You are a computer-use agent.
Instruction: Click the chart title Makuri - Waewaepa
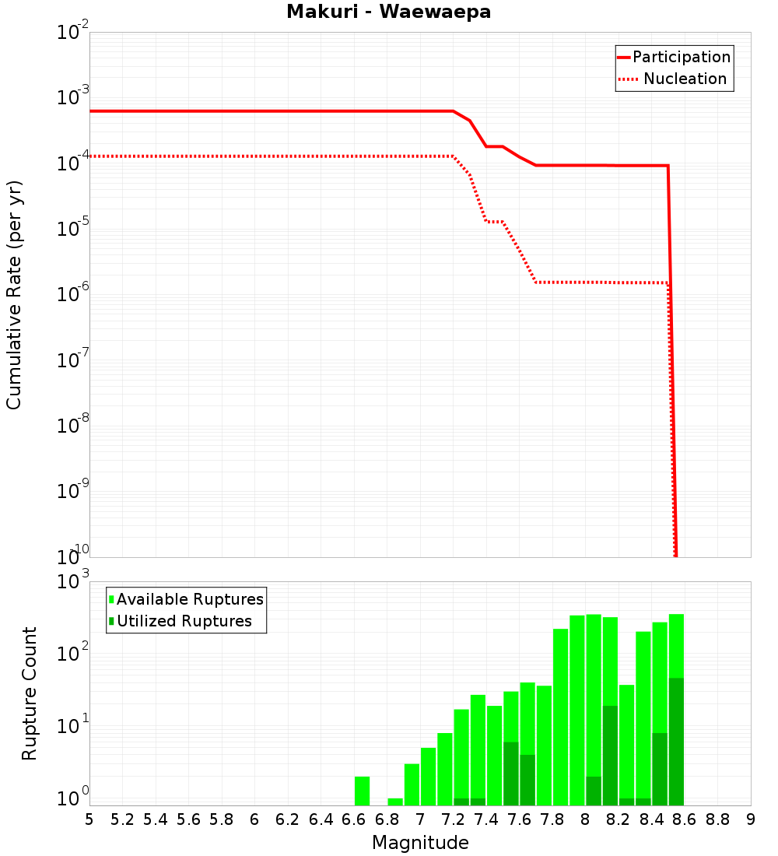pyautogui.click(x=388, y=12)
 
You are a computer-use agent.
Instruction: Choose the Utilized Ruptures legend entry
pyautogui.click(x=184, y=621)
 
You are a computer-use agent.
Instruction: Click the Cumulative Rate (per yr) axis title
pyautogui.click(x=14, y=295)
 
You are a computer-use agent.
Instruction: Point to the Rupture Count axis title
pyautogui.click(x=30, y=693)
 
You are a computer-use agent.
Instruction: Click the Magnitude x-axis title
pyautogui.click(x=420, y=843)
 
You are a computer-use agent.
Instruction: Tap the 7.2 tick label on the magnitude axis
pyautogui.click(x=453, y=819)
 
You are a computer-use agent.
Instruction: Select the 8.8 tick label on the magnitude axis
pyautogui.click(x=717, y=819)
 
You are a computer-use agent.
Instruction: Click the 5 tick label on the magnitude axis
pyautogui.click(x=89, y=819)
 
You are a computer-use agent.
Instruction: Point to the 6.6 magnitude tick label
pyautogui.click(x=354, y=819)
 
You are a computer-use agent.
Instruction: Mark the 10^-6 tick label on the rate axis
pyautogui.click(x=74, y=294)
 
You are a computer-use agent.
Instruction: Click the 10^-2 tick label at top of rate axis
pyautogui.click(x=74, y=33)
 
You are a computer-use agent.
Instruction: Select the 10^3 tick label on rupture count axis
pyautogui.click(x=74, y=582)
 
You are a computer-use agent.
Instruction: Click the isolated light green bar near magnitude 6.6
pyautogui.click(x=362, y=791)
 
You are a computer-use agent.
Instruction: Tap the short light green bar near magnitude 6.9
pyautogui.click(x=395, y=802)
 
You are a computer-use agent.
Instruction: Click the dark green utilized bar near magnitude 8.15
pyautogui.click(x=610, y=755)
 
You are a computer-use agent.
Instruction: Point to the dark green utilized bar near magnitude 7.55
pyautogui.click(x=510, y=773)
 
